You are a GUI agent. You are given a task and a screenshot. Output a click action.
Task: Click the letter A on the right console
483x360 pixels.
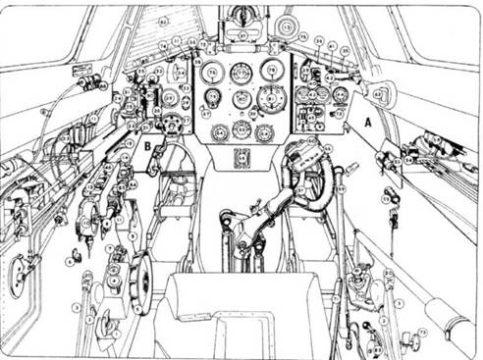[x=367, y=125]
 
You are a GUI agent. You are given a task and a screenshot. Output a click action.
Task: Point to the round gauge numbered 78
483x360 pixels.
[x=273, y=71]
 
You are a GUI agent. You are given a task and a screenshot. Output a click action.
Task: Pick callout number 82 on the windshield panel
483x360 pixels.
[x=163, y=21]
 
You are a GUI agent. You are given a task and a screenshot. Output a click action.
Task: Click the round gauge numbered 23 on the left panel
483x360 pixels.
[x=171, y=99]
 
